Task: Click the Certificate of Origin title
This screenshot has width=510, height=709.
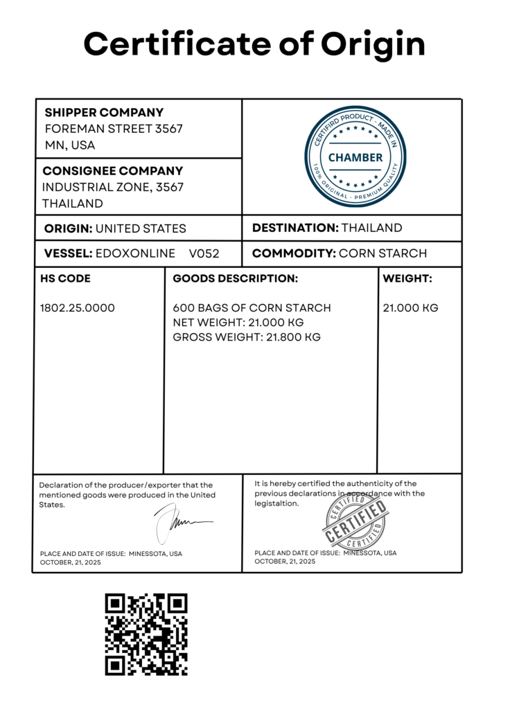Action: coord(254,44)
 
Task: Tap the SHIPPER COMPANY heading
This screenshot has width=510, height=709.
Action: coord(104,112)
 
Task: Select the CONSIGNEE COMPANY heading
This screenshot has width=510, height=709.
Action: coord(112,170)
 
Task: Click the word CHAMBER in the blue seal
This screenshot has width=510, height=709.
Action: coord(355,157)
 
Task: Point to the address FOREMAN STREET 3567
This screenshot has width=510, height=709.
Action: coord(104,129)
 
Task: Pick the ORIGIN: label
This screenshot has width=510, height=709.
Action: coord(68,228)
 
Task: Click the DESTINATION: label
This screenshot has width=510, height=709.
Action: coord(294,228)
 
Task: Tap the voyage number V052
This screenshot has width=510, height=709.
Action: coord(204,253)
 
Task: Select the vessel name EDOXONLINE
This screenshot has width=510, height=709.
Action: coord(135,253)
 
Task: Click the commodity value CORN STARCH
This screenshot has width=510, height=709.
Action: coord(382,253)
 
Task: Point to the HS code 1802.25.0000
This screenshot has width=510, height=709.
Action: coord(78,308)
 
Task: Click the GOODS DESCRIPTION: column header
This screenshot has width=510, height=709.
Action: coord(235,278)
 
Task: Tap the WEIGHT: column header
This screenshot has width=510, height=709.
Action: coord(407,278)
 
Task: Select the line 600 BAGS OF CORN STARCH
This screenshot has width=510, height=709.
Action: coord(252,308)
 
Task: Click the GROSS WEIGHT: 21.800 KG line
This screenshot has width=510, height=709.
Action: coord(246,337)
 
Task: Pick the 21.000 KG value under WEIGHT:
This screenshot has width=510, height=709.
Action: coord(411,308)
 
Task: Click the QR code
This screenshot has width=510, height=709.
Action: coord(146,634)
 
